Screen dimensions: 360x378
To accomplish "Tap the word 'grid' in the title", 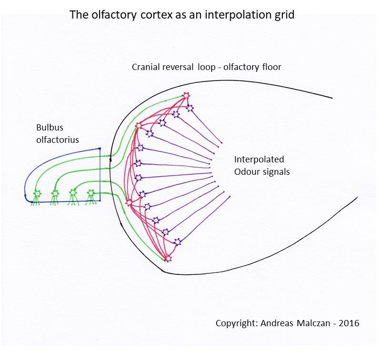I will pyautogui.click(x=285, y=15).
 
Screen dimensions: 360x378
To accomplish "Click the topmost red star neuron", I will pyautogui.click(x=186, y=96).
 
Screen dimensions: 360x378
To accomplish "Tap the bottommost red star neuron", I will pyautogui.click(x=168, y=259).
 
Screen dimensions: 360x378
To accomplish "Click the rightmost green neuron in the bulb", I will pyautogui.click(x=90, y=193).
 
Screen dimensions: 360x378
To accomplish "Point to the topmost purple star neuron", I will pyautogui.click(x=190, y=108).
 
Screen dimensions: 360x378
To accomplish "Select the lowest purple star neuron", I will pyautogui.click(x=178, y=242).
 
